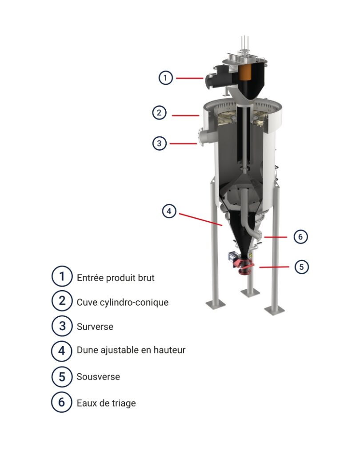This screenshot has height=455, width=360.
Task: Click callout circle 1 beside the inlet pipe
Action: click(165, 78)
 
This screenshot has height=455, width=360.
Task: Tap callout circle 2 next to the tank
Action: click(159, 112)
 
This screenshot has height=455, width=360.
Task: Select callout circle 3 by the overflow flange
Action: click(159, 143)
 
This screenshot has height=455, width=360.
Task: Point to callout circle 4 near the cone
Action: click(169, 211)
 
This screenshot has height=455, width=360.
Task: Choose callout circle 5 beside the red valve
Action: click(302, 267)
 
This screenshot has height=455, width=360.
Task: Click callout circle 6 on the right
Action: click(300, 237)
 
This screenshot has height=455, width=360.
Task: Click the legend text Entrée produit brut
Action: click(116, 278)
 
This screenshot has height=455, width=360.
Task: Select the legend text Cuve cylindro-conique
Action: click(123, 302)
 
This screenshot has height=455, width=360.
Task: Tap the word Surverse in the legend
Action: click(95, 327)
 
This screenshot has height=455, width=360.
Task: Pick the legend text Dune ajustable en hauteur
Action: click(131, 350)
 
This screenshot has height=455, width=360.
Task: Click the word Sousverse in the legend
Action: click(98, 377)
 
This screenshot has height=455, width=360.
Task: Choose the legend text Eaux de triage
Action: click(106, 403)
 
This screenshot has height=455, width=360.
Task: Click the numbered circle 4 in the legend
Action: click(61, 351)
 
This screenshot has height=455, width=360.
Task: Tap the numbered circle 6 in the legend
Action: click(61, 402)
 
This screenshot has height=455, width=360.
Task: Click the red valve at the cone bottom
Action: click(245, 266)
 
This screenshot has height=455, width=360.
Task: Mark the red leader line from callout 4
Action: click(200, 220)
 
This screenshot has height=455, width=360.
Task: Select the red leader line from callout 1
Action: click(190, 78)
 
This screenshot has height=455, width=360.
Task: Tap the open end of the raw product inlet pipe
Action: click(208, 82)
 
